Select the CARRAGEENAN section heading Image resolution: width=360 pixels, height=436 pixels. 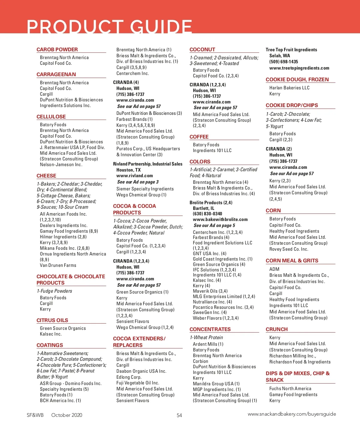pos(56,74)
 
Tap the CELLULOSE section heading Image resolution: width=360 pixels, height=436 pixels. pos(51,117)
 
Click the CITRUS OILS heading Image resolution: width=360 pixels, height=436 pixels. pos(52,320)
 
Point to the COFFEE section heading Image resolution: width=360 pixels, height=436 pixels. pos(199,137)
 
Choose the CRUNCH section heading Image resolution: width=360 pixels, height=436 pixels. pos(277,329)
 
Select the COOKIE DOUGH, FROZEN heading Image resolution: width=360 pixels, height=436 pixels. pos(297,79)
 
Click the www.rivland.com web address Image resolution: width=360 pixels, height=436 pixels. pos(134,176)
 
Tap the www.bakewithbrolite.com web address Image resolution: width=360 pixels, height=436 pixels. pos(220,219)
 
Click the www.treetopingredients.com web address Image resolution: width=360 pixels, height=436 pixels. pos(299,68)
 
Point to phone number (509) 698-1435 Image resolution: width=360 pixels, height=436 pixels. pos(283,62)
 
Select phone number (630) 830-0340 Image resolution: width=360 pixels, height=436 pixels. pos(207,214)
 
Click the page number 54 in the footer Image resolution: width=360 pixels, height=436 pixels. pos(179,415)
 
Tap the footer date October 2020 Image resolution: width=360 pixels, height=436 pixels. pos(67,415)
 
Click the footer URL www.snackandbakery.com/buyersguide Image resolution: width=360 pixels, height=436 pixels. pos(292,414)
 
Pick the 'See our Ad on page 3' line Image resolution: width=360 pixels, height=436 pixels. pos(138,182)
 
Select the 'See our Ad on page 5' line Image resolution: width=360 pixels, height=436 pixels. pos(214,225)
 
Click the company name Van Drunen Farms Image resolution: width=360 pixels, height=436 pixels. pos(58,265)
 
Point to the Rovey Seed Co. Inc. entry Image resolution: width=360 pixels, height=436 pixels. pos(289,249)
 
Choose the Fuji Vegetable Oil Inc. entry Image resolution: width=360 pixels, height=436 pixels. pos(138,383)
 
